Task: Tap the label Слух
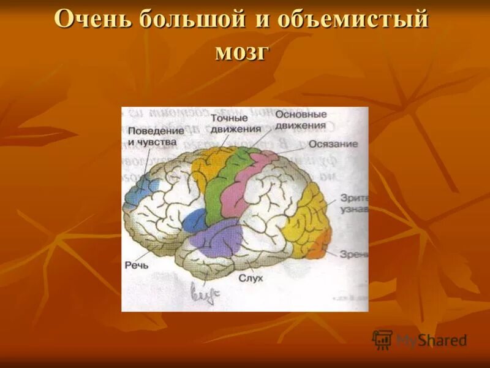click(251, 278)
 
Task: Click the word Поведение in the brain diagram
click(157, 131)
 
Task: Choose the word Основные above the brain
click(301, 115)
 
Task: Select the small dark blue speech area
click(194, 220)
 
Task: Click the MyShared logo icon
click(382, 340)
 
